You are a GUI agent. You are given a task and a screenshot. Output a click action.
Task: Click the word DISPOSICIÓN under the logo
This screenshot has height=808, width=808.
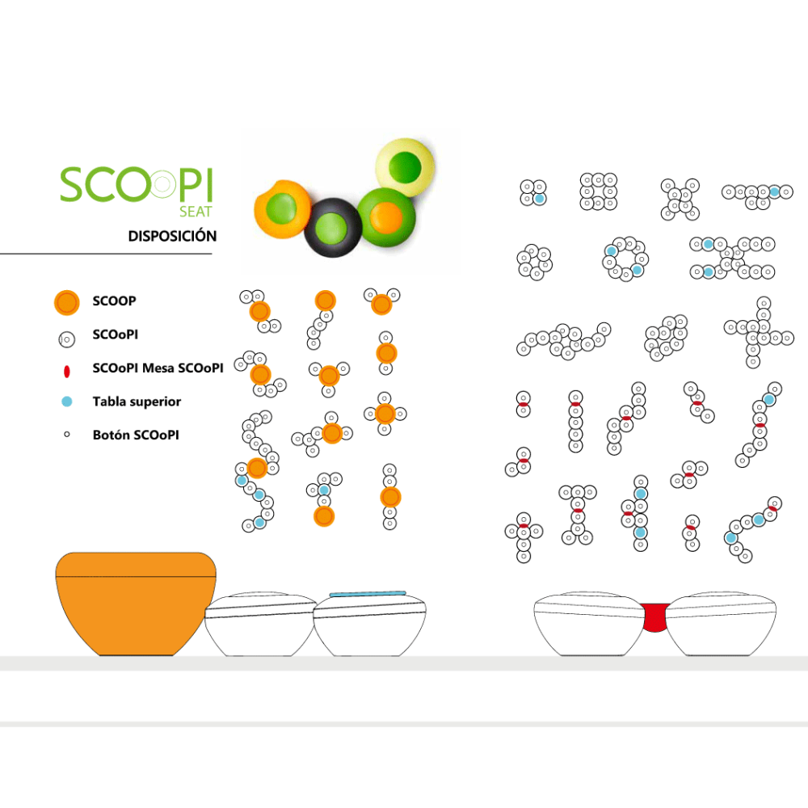(172, 236)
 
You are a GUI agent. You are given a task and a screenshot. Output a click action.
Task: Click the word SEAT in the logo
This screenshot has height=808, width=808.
(196, 211)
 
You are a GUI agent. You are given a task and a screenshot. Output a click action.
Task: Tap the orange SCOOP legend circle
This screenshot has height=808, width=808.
(67, 302)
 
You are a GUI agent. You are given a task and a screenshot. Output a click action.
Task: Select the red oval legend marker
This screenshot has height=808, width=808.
(66, 371)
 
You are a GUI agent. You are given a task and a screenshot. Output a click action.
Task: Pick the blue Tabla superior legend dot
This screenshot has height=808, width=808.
(67, 402)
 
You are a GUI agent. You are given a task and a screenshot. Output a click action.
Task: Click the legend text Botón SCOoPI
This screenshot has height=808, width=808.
(136, 435)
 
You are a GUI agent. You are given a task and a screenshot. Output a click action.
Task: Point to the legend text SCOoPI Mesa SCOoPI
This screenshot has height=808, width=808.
(158, 368)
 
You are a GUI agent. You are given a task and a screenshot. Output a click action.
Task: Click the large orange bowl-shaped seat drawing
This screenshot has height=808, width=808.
(136, 604)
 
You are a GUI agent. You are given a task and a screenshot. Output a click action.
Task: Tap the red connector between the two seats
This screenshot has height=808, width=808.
(654, 617)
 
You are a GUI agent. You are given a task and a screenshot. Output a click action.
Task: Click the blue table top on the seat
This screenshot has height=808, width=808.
(368, 594)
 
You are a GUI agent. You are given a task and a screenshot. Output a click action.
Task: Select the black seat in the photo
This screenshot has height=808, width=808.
(333, 228)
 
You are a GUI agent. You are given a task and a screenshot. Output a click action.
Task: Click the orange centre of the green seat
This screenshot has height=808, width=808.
(386, 217)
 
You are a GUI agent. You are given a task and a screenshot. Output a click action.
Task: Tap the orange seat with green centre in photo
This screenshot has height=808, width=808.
(282, 208)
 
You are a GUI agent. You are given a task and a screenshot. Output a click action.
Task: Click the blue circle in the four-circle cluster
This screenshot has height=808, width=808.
(540, 199)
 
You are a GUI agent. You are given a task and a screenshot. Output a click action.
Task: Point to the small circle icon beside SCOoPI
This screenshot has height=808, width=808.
(66, 339)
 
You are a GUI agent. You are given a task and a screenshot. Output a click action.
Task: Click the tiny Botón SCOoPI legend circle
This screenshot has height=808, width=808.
(66, 435)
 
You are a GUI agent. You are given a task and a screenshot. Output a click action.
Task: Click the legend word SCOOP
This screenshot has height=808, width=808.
(115, 301)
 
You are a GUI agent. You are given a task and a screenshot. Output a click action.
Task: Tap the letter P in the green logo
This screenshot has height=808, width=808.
(190, 184)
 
